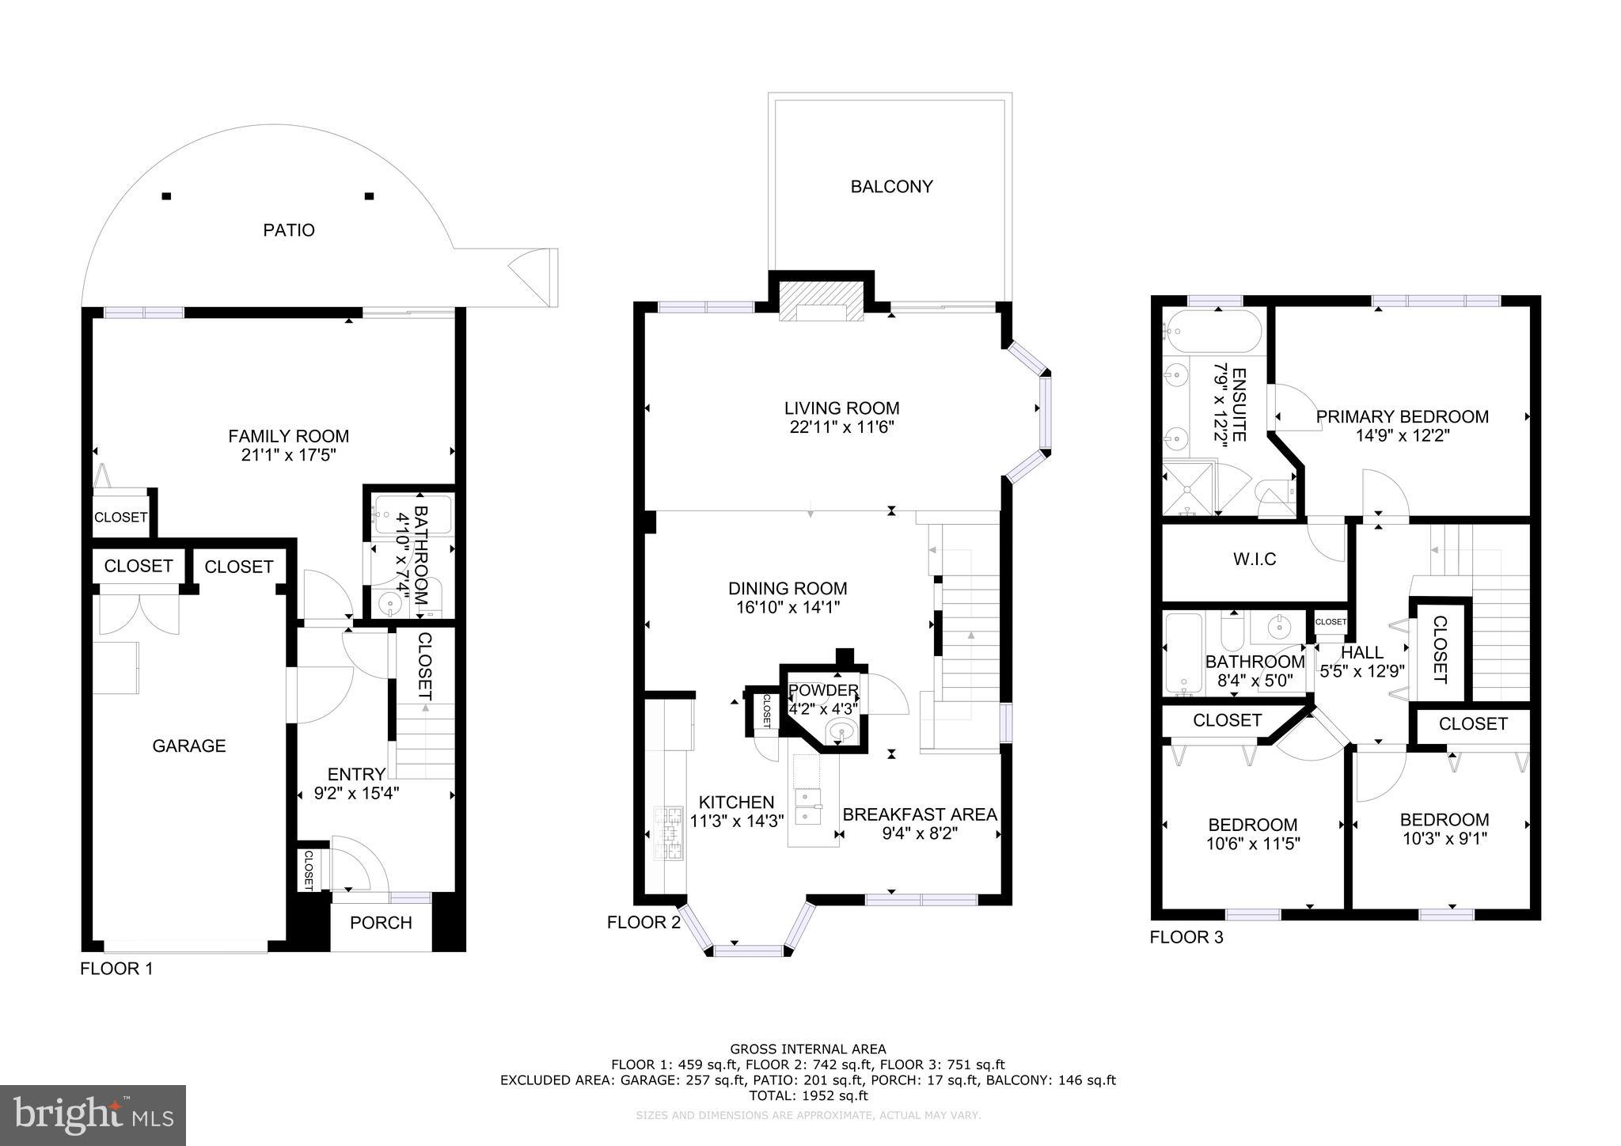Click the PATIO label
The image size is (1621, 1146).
289,230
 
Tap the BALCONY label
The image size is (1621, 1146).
891,187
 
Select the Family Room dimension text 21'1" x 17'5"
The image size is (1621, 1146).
288,455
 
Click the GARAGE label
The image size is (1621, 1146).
189,746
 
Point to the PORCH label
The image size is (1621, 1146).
381,923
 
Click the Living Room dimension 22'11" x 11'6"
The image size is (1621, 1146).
841,427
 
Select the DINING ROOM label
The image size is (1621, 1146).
788,589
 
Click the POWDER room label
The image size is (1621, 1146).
823,690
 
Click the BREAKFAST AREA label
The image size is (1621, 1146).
920,814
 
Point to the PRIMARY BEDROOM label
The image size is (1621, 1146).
1402,416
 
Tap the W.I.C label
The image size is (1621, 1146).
1255,560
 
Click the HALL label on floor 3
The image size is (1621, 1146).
1362,653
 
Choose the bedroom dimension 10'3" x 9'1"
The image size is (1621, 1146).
1444,839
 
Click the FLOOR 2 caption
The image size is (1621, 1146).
643,922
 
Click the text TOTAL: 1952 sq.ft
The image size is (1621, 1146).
808,1096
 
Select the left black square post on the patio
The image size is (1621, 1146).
166,196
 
